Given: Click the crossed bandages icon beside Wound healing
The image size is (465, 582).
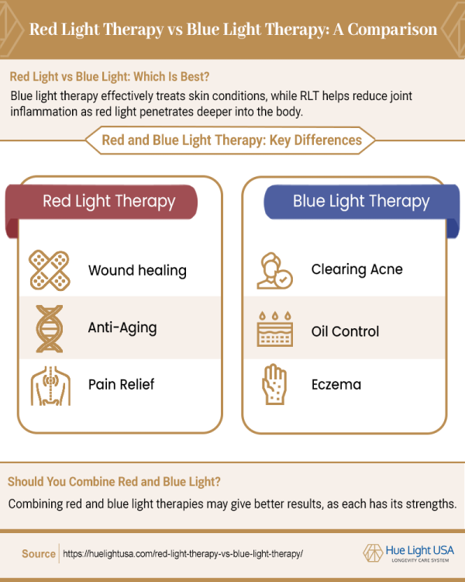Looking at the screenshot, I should [48, 270].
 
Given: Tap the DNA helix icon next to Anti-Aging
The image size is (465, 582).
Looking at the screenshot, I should [48, 327].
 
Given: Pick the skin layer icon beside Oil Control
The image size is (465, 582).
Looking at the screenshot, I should [274, 331].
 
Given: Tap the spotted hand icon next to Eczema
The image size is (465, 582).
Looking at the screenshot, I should [274, 384].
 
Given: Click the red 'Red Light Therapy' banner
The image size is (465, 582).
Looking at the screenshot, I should [108, 202].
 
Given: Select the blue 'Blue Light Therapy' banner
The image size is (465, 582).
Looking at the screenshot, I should [360, 202].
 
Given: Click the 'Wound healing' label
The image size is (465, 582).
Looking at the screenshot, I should [137, 271].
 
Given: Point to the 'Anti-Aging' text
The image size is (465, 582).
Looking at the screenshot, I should [122, 327].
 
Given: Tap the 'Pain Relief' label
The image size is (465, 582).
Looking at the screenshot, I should [121, 384].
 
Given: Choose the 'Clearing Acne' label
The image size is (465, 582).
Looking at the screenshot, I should [356, 270].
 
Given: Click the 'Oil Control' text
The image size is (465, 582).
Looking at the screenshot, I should [345, 331].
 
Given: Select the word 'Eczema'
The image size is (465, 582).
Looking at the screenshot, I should [336, 384].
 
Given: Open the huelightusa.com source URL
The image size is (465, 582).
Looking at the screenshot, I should [181, 554].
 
